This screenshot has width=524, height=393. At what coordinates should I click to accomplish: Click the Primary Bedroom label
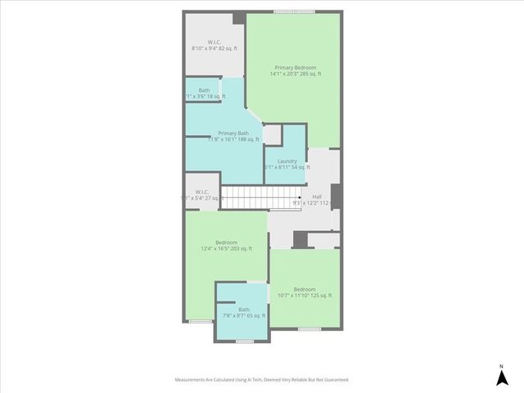[295, 67]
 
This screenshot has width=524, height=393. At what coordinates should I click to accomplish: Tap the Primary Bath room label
[233, 133]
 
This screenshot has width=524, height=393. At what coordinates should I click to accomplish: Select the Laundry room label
[287, 160]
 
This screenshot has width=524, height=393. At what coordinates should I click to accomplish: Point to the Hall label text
[317, 196]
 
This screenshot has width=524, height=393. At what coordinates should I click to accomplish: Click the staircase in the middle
[245, 197]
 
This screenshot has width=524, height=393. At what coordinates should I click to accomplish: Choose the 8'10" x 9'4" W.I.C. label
[214, 42]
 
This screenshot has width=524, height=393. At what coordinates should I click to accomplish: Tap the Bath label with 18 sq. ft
[204, 90]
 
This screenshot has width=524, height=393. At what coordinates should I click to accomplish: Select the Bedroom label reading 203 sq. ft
[226, 242]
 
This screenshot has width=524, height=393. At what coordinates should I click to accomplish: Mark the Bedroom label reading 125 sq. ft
[305, 289]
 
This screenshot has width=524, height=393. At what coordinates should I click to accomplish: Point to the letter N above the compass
[501, 365]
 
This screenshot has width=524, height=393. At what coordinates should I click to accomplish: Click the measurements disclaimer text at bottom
[262, 380]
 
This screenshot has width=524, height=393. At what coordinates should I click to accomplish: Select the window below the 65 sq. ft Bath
[244, 341]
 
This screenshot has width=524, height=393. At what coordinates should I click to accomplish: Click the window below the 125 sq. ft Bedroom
[309, 329]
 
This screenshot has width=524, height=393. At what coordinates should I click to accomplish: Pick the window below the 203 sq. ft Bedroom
[201, 322]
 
